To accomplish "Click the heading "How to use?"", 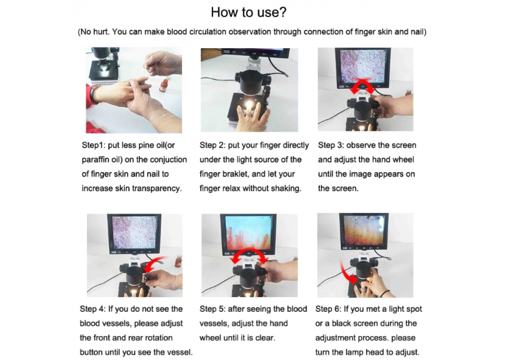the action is click(x=249, y=12).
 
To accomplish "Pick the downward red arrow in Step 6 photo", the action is click(x=346, y=274).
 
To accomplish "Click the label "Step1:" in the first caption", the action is click(x=94, y=145).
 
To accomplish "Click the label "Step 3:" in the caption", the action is click(x=331, y=145).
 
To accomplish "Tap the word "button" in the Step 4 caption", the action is click(x=91, y=352).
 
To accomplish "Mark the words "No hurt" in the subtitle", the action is click(x=95, y=32).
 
